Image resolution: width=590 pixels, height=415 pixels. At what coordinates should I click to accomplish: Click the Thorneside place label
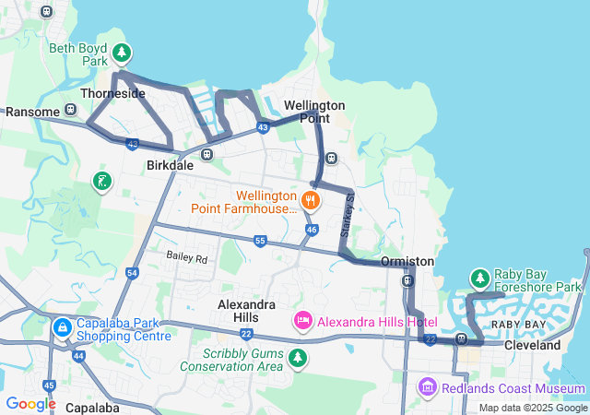tap(112, 94)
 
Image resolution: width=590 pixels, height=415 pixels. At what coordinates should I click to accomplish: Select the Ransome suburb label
tap(32, 112)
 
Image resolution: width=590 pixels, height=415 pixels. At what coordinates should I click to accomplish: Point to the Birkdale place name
tap(170, 166)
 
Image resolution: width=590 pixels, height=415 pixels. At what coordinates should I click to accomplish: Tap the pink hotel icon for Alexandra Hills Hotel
tap(302, 320)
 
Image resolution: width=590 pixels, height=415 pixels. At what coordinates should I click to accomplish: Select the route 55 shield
tap(261, 241)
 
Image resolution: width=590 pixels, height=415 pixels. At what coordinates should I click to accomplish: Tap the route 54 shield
tap(133, 273)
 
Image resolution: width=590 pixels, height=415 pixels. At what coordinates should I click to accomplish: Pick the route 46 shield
tap(312, 229)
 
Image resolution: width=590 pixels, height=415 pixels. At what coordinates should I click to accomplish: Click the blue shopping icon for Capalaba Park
tap(62, 327)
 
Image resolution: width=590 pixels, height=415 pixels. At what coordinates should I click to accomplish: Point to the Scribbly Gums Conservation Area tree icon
tap(297, 357)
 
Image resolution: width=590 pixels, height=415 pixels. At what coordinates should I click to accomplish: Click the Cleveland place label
tap(532, 345)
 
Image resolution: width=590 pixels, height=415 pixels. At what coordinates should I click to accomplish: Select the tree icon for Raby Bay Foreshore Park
tap(479, 277)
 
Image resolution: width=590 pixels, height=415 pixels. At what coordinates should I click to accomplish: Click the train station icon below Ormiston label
tap(407, 279)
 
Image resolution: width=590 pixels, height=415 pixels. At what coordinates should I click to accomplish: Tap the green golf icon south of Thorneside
tap(102, 181)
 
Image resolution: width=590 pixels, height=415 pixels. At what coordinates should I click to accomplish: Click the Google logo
tap(30, 404)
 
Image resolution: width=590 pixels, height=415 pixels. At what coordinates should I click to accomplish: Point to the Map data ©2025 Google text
tap(532, 408)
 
